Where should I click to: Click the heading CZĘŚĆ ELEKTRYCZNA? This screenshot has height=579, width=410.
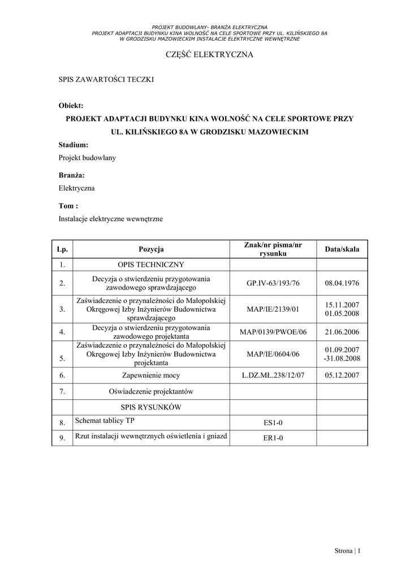point(209,55)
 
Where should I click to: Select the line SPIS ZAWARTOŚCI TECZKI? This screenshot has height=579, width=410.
point(106,80)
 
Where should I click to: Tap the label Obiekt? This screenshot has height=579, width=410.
point(71,106)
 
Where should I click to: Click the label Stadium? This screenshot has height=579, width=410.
point(74,145)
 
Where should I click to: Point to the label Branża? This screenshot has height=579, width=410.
point(72,175)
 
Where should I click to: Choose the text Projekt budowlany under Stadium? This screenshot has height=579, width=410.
point(87,158)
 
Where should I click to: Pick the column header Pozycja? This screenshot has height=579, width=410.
point(151,249)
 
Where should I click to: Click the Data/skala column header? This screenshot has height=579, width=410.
point(342,249)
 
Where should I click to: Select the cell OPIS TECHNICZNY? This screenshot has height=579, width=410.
point(151,264)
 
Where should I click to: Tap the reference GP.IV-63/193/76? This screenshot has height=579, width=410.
point(273,283)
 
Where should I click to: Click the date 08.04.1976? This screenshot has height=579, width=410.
point(342,283)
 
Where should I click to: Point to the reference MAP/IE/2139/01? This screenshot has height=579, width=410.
point(273,309)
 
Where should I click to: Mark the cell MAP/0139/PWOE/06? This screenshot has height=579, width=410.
point(273,332)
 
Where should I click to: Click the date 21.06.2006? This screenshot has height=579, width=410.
point(342,332)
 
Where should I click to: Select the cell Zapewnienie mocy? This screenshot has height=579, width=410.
point(151,374)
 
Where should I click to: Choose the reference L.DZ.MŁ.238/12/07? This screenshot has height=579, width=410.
point(273,374)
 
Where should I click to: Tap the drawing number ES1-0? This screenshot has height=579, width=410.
point(273,422)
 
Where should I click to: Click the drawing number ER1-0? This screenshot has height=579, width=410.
point(273,438)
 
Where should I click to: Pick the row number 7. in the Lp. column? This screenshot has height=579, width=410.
point(62,391)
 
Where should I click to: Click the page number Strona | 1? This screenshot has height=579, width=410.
point(347,551)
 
